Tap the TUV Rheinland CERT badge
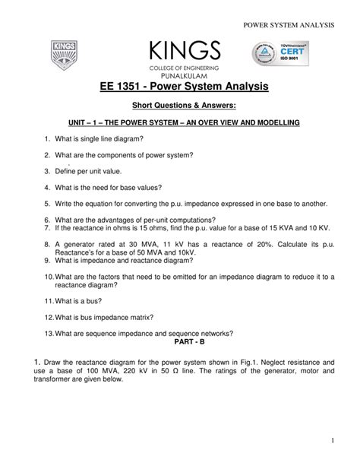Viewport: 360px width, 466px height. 282,55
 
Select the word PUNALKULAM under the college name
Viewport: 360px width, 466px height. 179,75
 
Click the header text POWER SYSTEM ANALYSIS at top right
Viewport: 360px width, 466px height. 289,25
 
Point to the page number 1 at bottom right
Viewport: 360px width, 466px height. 333,440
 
